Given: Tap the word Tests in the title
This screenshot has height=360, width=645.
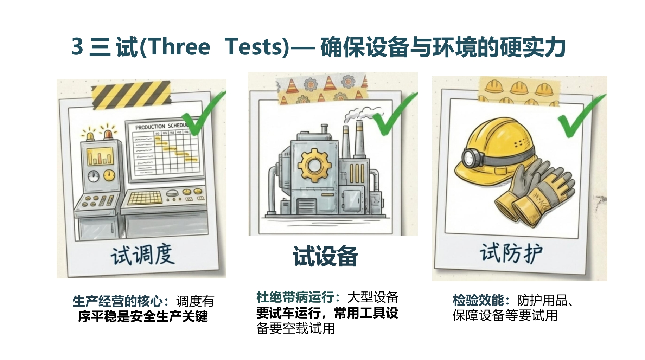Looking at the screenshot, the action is click(x=254, y=47).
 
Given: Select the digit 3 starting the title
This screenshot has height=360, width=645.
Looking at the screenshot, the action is click(x=77, y=47).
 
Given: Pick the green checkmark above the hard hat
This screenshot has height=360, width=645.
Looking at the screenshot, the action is click(x=582, y=116).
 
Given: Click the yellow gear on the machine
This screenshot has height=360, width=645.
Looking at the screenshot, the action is click(x=314, y=165).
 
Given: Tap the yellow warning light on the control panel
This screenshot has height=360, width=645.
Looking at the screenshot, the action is click(x=90, y=136).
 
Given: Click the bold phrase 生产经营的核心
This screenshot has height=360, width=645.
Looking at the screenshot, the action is click(x=118, y=301).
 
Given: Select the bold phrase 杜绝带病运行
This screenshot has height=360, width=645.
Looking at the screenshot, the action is click(x=295, y=297).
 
